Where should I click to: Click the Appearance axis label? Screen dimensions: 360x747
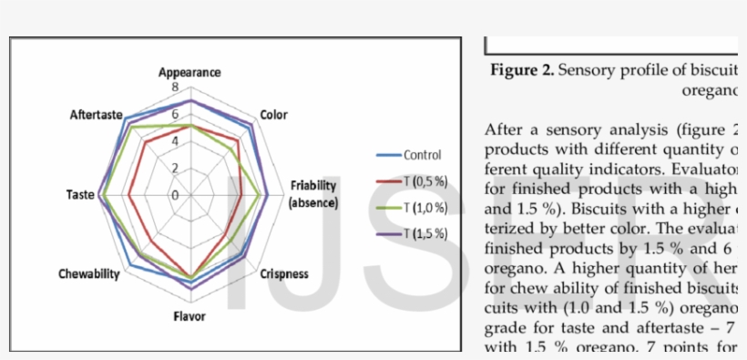[189, 72]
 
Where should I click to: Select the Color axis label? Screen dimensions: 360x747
[273, 115]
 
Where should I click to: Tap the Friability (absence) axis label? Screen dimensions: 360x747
[313, 194]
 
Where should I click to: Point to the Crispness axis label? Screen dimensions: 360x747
[283, 273]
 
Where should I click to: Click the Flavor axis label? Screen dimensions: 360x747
[190, 316]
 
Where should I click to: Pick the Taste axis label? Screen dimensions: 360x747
[79, 195]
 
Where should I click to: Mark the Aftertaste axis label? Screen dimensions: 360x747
[97, 115]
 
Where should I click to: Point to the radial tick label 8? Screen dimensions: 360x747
[176, 87]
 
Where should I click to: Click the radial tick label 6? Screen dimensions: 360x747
[176, 114]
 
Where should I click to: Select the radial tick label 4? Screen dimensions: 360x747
[176, 141]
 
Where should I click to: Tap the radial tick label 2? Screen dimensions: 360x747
[176, 168]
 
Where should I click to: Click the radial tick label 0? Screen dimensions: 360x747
[176, 195]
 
